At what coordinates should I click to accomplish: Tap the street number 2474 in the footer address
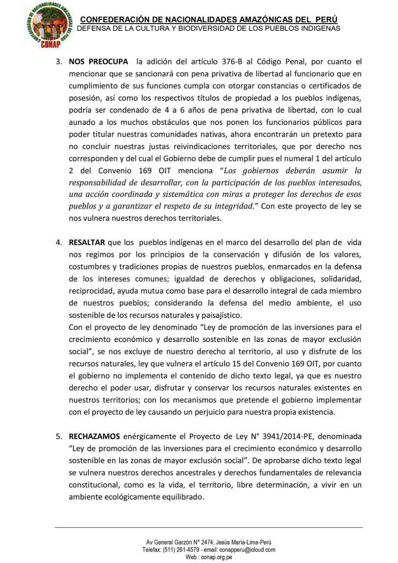pyautogui.click(x=206, y=542)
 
